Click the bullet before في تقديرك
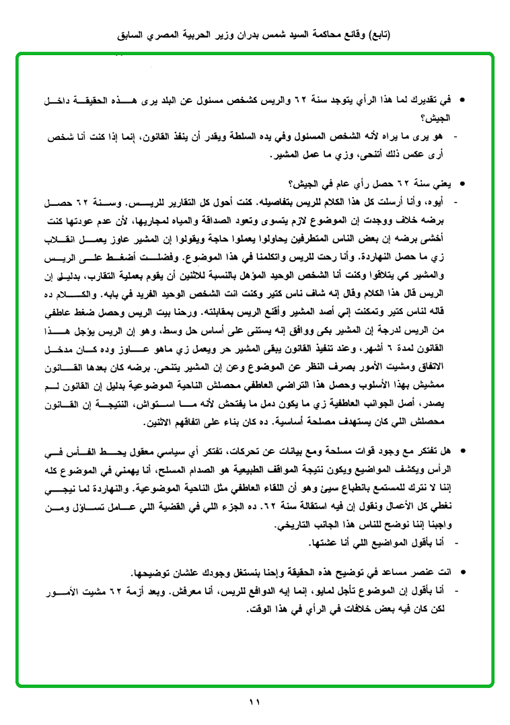462,100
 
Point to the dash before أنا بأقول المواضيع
458,542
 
